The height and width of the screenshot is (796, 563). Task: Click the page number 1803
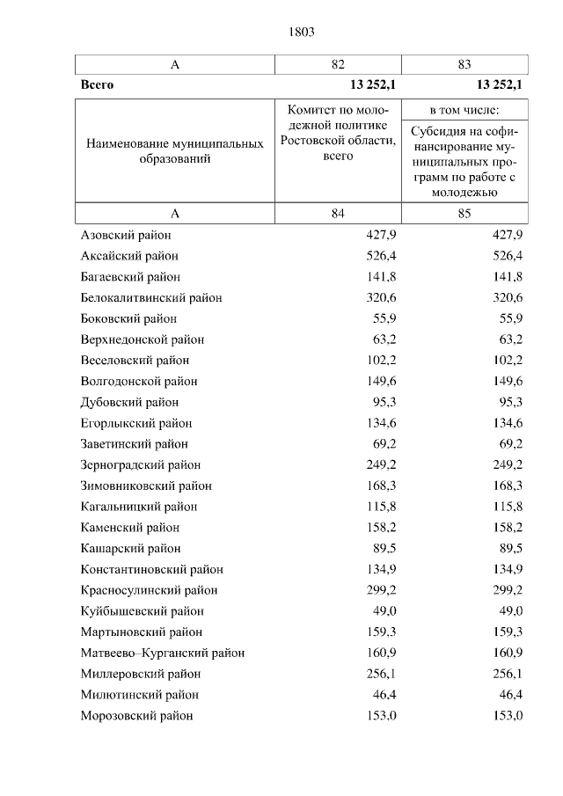click(x=301, y=32)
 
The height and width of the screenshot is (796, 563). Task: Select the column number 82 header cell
click(x=339, y=64)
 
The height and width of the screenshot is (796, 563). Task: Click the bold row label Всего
click(x=97, y=85)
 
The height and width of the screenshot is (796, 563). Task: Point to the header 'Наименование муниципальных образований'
click(x=175, y=150)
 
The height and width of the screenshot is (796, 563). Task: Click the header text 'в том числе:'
click(x=464, y=110)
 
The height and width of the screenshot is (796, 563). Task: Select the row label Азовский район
click(x=126, y=235)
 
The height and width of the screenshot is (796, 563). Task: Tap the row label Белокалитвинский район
click(x=150, y=297)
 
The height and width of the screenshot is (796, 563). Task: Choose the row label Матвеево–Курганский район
click(x=162, y=653)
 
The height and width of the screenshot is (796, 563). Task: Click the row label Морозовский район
click(x=136, y=715)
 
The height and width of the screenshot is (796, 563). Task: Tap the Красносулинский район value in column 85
click(x=507, y=590)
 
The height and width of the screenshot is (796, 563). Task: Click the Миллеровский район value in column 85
click(x=507, y=674)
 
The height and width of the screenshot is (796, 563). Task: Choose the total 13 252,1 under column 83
click(x=500, y=85)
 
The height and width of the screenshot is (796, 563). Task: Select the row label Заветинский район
click(x=134, y=444)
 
